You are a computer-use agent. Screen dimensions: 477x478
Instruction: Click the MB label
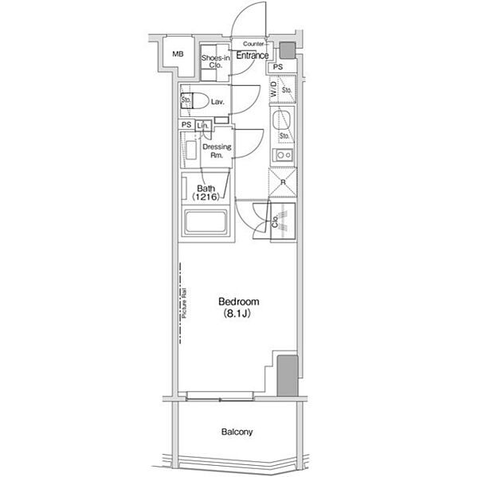(x=178, y=54)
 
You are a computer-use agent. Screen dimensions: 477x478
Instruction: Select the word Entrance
(x=252, y=55)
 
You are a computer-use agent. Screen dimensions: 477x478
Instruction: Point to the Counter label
(x=253, y=43)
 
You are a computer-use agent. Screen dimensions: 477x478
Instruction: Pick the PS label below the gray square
(x=277, y=68)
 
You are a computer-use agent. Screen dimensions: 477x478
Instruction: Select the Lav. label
(x=217, y=102)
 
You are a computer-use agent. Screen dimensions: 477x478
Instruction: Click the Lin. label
(x=203, y=126)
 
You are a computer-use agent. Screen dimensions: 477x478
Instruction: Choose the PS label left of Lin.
(x=186, y=126)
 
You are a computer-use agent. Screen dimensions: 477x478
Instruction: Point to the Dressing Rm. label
(x=216, y=151)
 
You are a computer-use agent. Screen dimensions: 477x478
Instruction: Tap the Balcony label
(x=237, y=432)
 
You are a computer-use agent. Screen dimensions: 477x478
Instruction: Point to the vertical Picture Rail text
(x=183, y=303)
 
